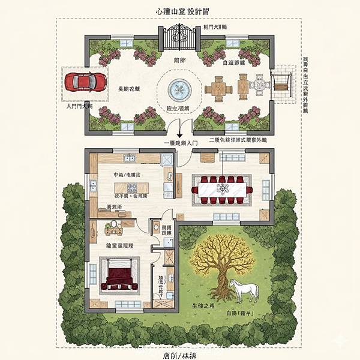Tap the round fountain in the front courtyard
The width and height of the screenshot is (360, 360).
coord(178,91)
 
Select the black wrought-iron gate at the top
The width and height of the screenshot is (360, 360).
coord(180,37)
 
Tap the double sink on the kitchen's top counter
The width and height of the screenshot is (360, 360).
coord(130,158)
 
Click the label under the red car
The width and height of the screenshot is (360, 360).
coord(80,105)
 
